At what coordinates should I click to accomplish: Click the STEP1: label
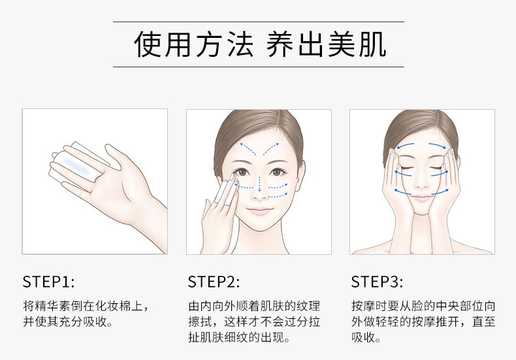point(48,282)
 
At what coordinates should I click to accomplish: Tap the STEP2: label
point(214,282)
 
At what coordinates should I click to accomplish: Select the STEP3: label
point(377,282)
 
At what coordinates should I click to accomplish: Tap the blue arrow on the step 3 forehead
point(422,144)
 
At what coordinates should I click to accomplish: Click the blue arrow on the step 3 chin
point(422,193)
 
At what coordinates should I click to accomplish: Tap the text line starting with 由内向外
point(254,306)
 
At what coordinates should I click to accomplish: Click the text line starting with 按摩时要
point(417,306)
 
